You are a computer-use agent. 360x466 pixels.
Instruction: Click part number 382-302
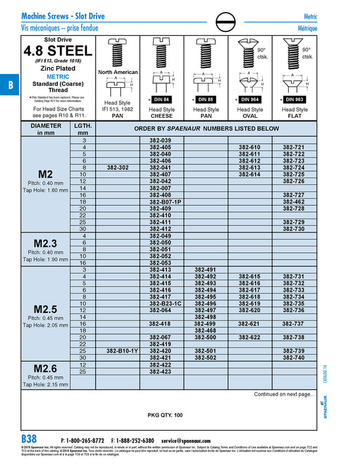(116, 167)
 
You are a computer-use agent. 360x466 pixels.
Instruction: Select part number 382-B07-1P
(160, 201)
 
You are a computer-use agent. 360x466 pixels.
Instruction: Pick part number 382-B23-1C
(160, 304)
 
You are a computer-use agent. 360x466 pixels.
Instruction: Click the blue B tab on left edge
(9, 86)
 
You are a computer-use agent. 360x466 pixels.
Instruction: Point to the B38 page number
(29, 439)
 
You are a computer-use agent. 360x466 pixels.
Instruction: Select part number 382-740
(293, 357)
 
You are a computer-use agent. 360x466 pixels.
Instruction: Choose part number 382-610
(250, 146)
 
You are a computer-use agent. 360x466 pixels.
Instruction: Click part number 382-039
(160, 140)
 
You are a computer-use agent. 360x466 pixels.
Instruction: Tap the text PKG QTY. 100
(164, 415)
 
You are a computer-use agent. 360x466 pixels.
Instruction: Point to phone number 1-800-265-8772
(83, 440)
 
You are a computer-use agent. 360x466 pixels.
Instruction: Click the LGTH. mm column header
(84, 128)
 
